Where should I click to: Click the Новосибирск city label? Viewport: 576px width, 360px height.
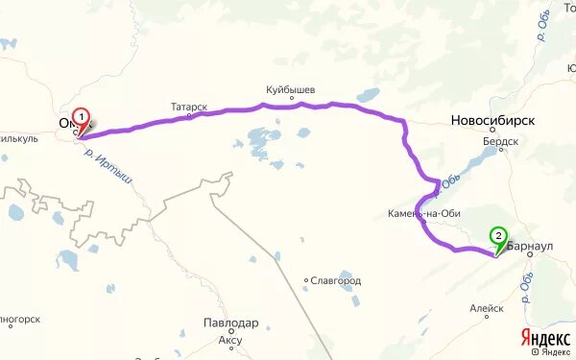[493, 121]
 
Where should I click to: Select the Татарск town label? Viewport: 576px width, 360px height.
[189, 108]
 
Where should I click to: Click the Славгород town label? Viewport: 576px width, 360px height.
[335, 281]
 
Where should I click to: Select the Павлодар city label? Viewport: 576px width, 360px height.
[230, 324]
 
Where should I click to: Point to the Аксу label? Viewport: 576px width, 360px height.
[230, 339]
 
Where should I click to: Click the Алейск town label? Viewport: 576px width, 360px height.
[487, 309]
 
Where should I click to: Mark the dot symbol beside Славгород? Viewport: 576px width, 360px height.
[306, 281]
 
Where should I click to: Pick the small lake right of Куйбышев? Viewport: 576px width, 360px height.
[368, 96]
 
